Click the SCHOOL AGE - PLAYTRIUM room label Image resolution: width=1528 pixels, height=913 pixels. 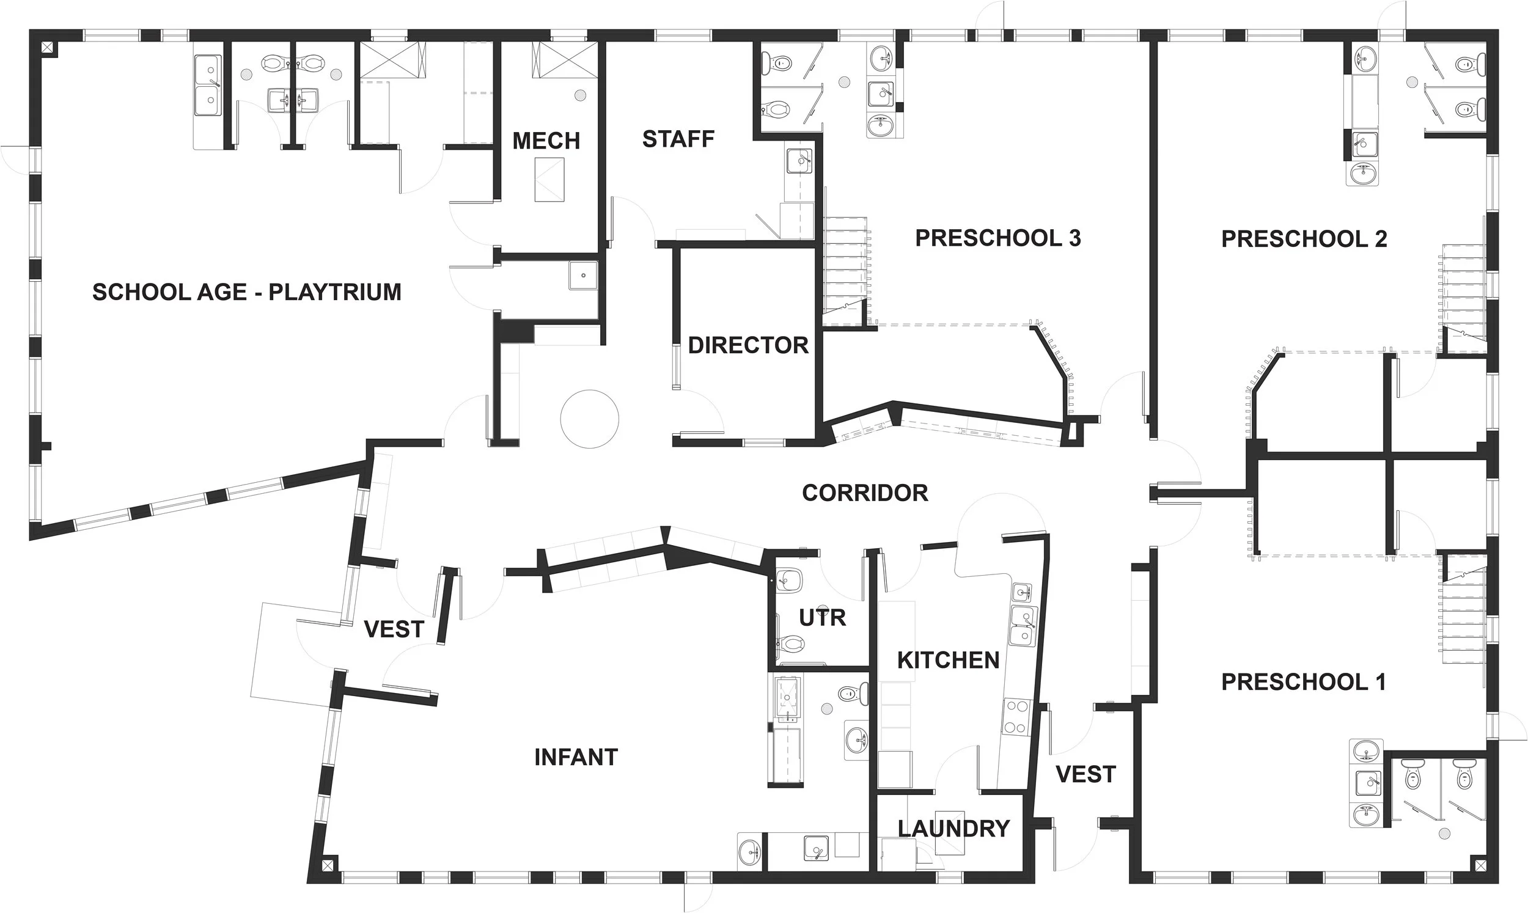[247, 291]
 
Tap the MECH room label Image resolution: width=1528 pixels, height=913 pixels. [546, 141]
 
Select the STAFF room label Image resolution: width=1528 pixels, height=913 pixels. [678, 140]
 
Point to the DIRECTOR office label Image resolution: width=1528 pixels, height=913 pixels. [748, 345]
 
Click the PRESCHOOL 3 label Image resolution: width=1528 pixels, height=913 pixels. [997, 238]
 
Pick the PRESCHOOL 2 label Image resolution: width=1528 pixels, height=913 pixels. [1304, 239]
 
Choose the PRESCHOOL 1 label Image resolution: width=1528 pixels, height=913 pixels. [1304, 681]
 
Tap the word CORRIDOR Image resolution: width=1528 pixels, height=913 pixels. [865, 493]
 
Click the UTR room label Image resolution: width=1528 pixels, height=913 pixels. [823, 617]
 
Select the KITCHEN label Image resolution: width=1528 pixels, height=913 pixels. [948, 660]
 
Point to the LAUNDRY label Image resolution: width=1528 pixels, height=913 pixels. [953, 829]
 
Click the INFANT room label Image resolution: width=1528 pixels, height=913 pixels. [576, 757]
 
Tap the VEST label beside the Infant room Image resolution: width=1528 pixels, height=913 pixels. [394, 629]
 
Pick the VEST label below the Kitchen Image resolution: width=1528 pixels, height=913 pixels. [1085, 774]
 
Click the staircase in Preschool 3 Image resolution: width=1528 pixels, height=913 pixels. [847, 271]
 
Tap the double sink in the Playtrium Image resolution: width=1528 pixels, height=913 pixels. [208, 86]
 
